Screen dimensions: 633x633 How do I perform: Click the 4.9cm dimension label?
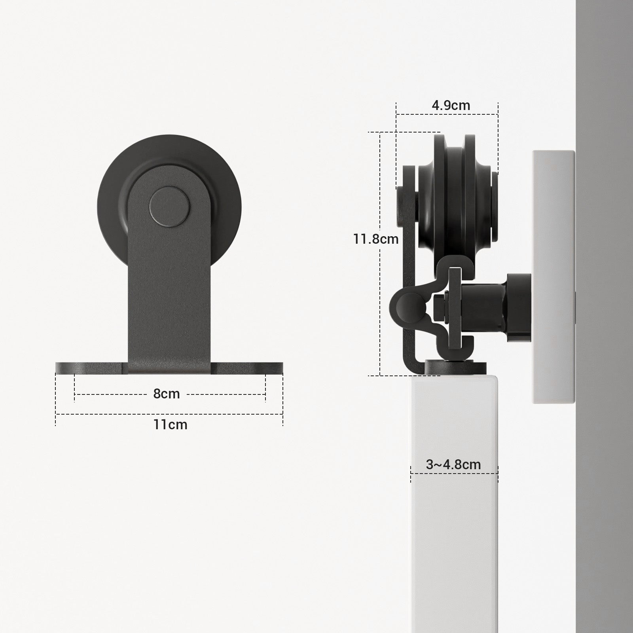point(451,105)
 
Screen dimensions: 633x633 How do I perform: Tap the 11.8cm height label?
point(376,239)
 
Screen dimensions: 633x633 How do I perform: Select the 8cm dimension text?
point(167,394)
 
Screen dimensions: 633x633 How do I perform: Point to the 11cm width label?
point(170,425)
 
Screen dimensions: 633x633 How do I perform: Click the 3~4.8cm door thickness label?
point(453,464)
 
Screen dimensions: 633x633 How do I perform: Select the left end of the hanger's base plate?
point(56,368)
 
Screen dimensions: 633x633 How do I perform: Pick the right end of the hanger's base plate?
point(283,368)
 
